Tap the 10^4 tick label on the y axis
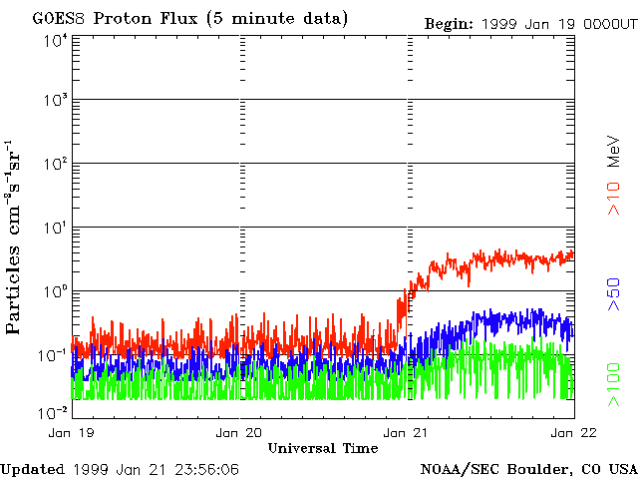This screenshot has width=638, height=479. [56, 40]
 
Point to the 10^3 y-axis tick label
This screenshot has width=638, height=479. [56, 101]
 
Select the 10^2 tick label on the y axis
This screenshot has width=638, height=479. [56, 164]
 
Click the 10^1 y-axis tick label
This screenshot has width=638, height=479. [56, 228]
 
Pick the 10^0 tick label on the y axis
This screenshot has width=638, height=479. [56, 291]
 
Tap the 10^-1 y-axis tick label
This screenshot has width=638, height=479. [54, 354]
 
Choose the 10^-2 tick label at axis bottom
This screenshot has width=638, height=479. [54, 411]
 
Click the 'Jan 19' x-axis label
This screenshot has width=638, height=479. [71, 432]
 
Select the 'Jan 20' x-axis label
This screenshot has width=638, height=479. [239, 432]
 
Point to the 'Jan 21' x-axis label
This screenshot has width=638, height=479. [407, 432]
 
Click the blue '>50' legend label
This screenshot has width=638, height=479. [614, 293]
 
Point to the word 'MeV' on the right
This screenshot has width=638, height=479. [614, 147]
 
